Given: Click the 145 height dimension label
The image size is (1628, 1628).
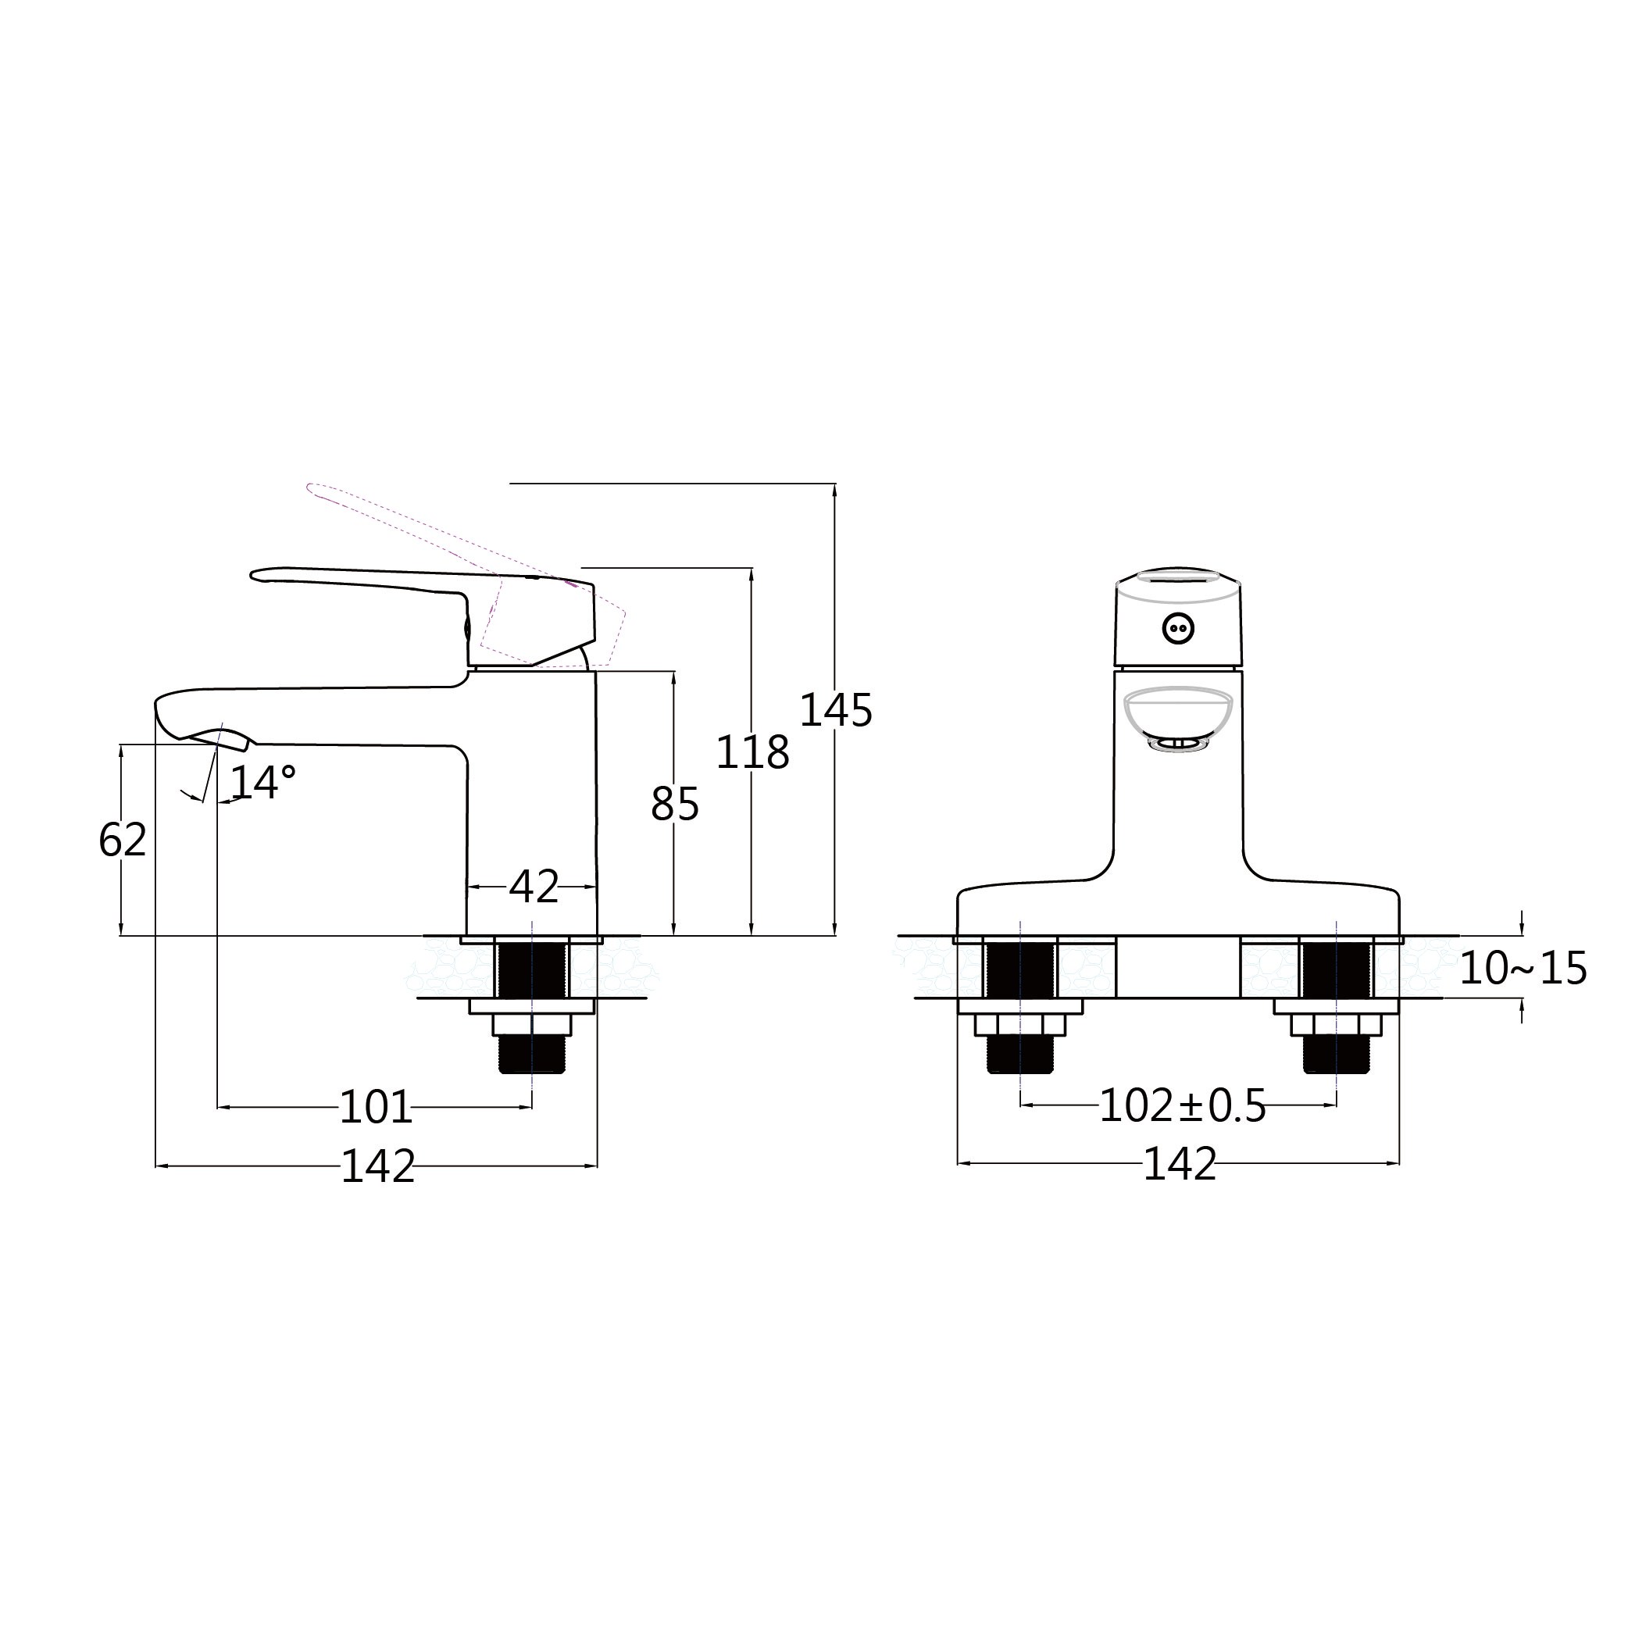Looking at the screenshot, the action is point(835,710).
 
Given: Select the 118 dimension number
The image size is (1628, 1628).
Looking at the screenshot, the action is point(752,752).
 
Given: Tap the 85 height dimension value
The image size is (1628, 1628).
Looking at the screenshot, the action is point(675,805).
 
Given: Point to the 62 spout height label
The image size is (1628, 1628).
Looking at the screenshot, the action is point(123,839).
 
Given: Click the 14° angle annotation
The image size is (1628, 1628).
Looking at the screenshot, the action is point(263,782).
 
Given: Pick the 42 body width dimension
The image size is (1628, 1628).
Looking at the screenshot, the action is point(534,887).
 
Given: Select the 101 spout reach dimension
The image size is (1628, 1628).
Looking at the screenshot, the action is point(376,1107).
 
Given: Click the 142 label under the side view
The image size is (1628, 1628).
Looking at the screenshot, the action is point(378,1167).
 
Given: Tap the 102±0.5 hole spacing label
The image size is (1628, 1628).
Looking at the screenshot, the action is point(1183,1106).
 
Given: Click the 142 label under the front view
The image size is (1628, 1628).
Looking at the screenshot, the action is point(1180,1165).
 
